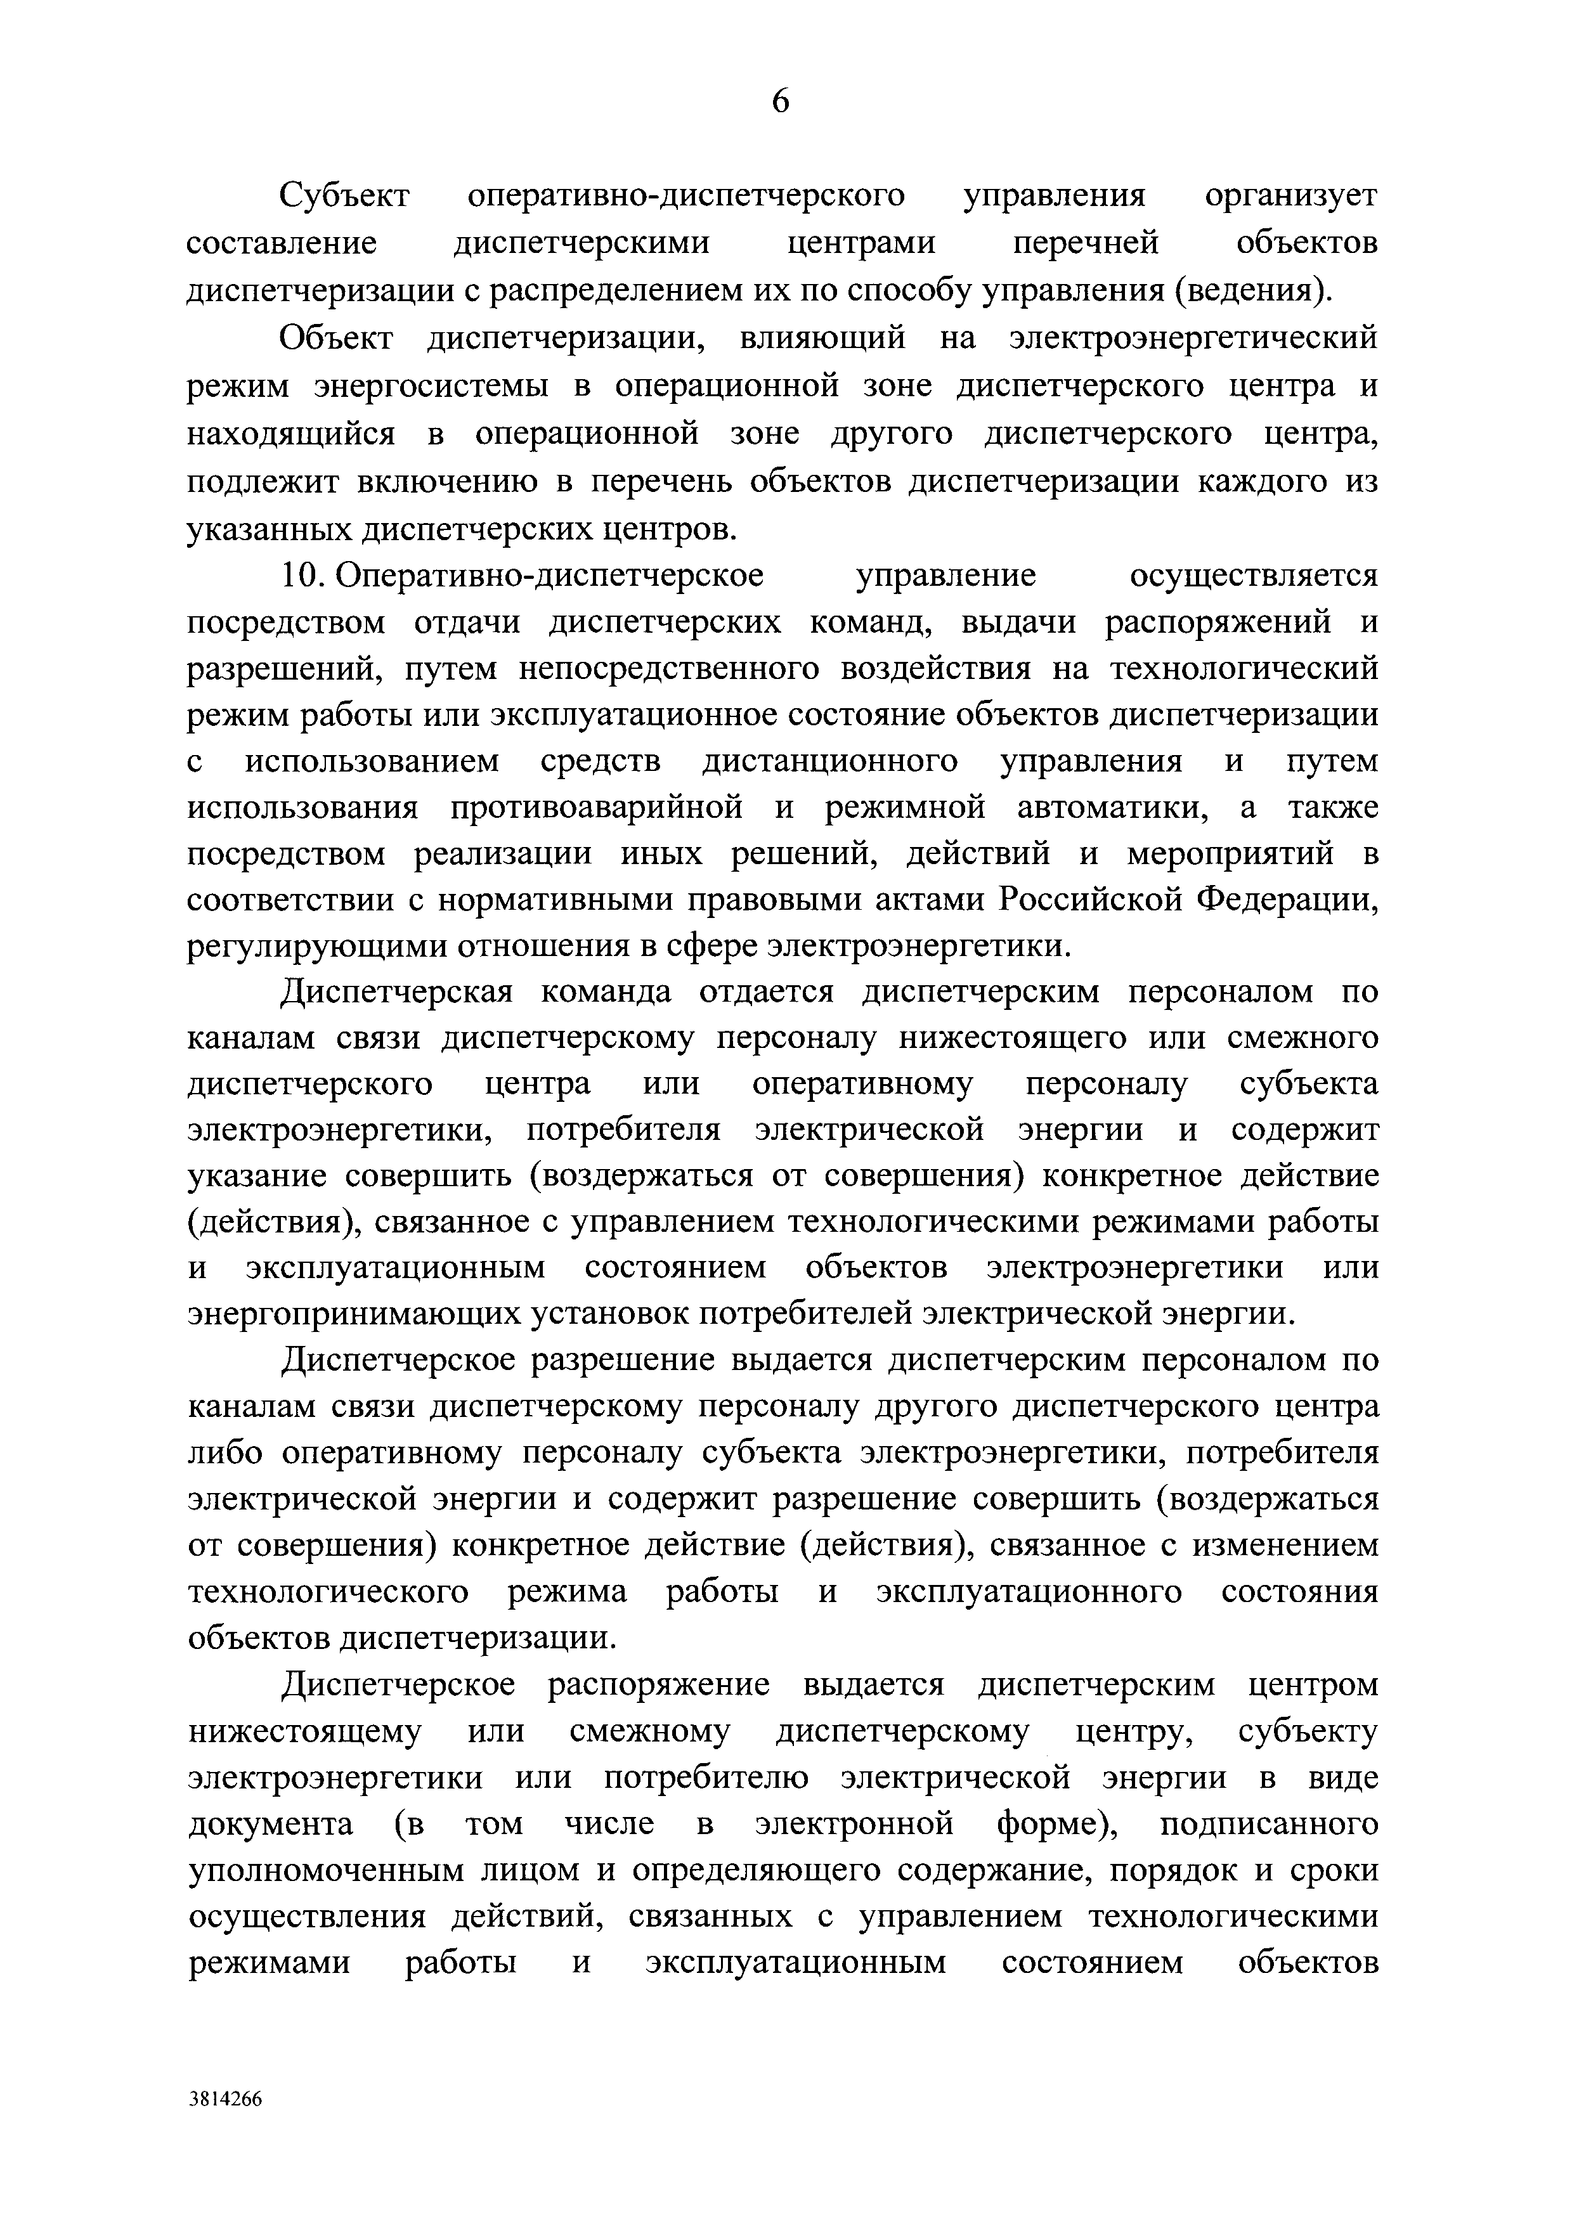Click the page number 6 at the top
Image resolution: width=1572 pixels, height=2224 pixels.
tap(781, 101)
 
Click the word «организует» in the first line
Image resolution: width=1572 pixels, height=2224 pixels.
tap(1290, 196)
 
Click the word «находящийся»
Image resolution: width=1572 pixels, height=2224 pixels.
tap(290, 433)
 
